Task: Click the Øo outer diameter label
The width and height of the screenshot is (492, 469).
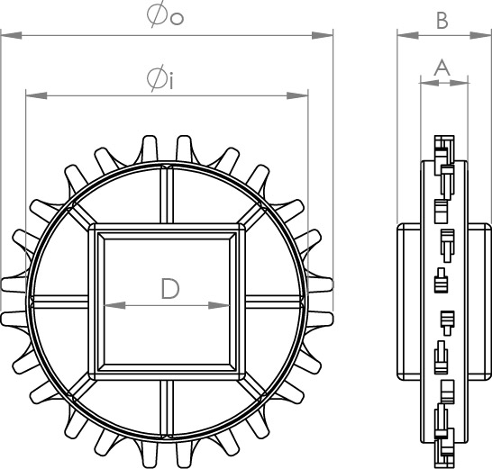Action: (x=165, y=15)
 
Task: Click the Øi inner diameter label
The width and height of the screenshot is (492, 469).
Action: (x=160, y=77)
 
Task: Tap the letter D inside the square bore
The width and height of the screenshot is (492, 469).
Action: (x=170, y=289)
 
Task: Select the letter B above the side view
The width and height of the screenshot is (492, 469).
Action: (x=442, y=21)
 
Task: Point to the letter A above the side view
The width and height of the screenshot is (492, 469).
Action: (x=442, y=68)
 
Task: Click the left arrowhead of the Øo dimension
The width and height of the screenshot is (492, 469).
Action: (x=12, y=35)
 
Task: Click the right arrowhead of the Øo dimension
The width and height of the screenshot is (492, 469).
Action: (x=322, y=35)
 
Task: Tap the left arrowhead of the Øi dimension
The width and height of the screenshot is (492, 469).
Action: (x=36, y=95)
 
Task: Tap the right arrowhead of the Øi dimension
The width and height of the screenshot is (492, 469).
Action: (x=297, y=95)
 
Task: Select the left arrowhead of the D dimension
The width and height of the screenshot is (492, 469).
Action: (x=114, y=305)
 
